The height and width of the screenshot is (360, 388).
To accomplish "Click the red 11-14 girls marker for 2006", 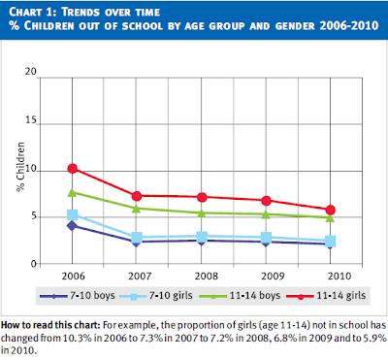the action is (72, 168).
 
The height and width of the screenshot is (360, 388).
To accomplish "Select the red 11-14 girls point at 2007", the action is (137, 196).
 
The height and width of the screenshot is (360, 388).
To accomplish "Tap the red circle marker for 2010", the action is (330, 211).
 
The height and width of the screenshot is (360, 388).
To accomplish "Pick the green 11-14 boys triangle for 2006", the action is (72, 192).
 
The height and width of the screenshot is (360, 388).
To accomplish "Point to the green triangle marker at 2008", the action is (202, 213).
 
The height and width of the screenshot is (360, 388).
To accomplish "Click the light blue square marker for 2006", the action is (72, 214).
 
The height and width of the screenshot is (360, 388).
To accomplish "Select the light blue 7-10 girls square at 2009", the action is (266, 238).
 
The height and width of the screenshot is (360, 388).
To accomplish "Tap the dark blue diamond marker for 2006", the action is (72, 226).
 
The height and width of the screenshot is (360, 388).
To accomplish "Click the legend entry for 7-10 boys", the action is (78, 296).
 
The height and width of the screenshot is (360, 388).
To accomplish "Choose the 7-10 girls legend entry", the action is (156, 296).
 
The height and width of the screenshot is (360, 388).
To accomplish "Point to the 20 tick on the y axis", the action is (31, 72).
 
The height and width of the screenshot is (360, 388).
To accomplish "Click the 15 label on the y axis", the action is (31, 120).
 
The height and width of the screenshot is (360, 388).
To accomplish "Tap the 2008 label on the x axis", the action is (207, 276).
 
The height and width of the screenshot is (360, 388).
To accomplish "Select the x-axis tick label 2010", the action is (339, 276).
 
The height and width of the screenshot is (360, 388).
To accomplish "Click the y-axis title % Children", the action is (20, 167).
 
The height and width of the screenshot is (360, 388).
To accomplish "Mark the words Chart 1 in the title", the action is (32, 12).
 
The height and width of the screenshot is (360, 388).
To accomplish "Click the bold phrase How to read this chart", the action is (50, 325).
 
